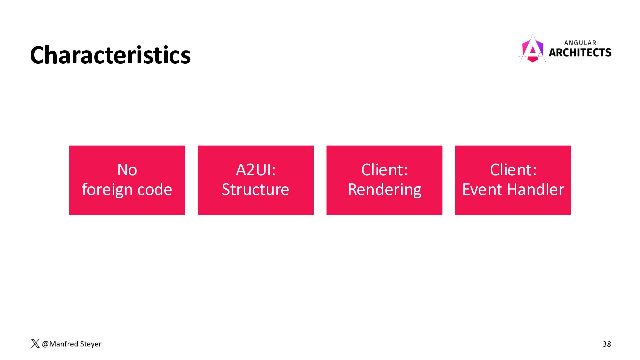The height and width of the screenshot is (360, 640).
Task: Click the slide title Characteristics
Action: point(110,55)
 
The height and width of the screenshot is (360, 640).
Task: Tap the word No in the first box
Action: point(127,170)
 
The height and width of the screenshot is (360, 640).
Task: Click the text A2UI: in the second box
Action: point(256,170)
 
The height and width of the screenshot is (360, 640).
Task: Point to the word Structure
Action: point(255,190)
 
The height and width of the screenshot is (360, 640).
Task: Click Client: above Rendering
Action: point(385,170)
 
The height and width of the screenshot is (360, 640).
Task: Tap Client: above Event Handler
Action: point(513,170)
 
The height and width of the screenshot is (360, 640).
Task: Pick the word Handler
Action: point(536,189)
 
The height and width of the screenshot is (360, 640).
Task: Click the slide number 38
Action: point(607,344)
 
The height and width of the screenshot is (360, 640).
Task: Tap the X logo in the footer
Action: point(35,344)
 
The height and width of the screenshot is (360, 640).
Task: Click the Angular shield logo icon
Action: point(533,49)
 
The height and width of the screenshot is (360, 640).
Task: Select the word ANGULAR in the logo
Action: point(580,43)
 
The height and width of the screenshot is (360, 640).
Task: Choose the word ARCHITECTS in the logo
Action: point(580,53)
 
